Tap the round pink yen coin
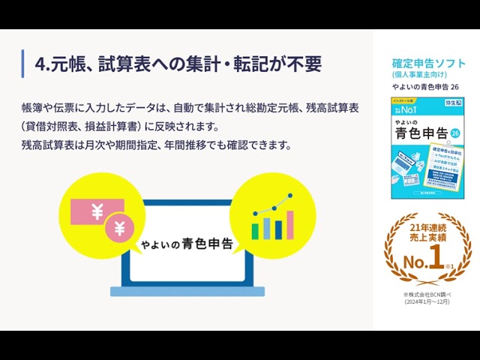(119, 228)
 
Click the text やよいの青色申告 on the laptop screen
(187, 244)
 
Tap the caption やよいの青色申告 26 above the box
(425, 88)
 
